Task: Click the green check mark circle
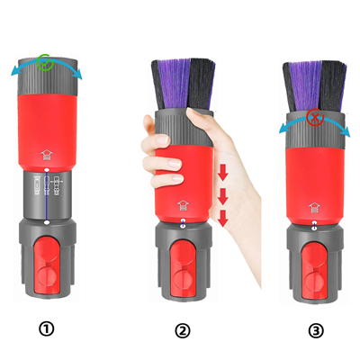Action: tap(45, 62)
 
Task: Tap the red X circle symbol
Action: tap(315, 117)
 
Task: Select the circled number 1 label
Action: tap(47, 329)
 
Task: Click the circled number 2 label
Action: tap(182, 331)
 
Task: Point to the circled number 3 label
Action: tap(316, 331)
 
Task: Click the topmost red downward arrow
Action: tap(222, 172)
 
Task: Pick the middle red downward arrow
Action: tap(222, 196)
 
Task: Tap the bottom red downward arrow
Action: tap(222, 218)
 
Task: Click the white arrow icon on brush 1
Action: tap(47, 156)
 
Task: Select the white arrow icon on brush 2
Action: tap(184, 206)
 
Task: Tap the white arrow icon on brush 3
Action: tap(314, 207)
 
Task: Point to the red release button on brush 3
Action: tap(314, 270)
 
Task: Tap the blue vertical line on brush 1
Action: tap(47, 196)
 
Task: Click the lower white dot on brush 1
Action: tap(47, 222)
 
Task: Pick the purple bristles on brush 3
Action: tap(306, 86)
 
